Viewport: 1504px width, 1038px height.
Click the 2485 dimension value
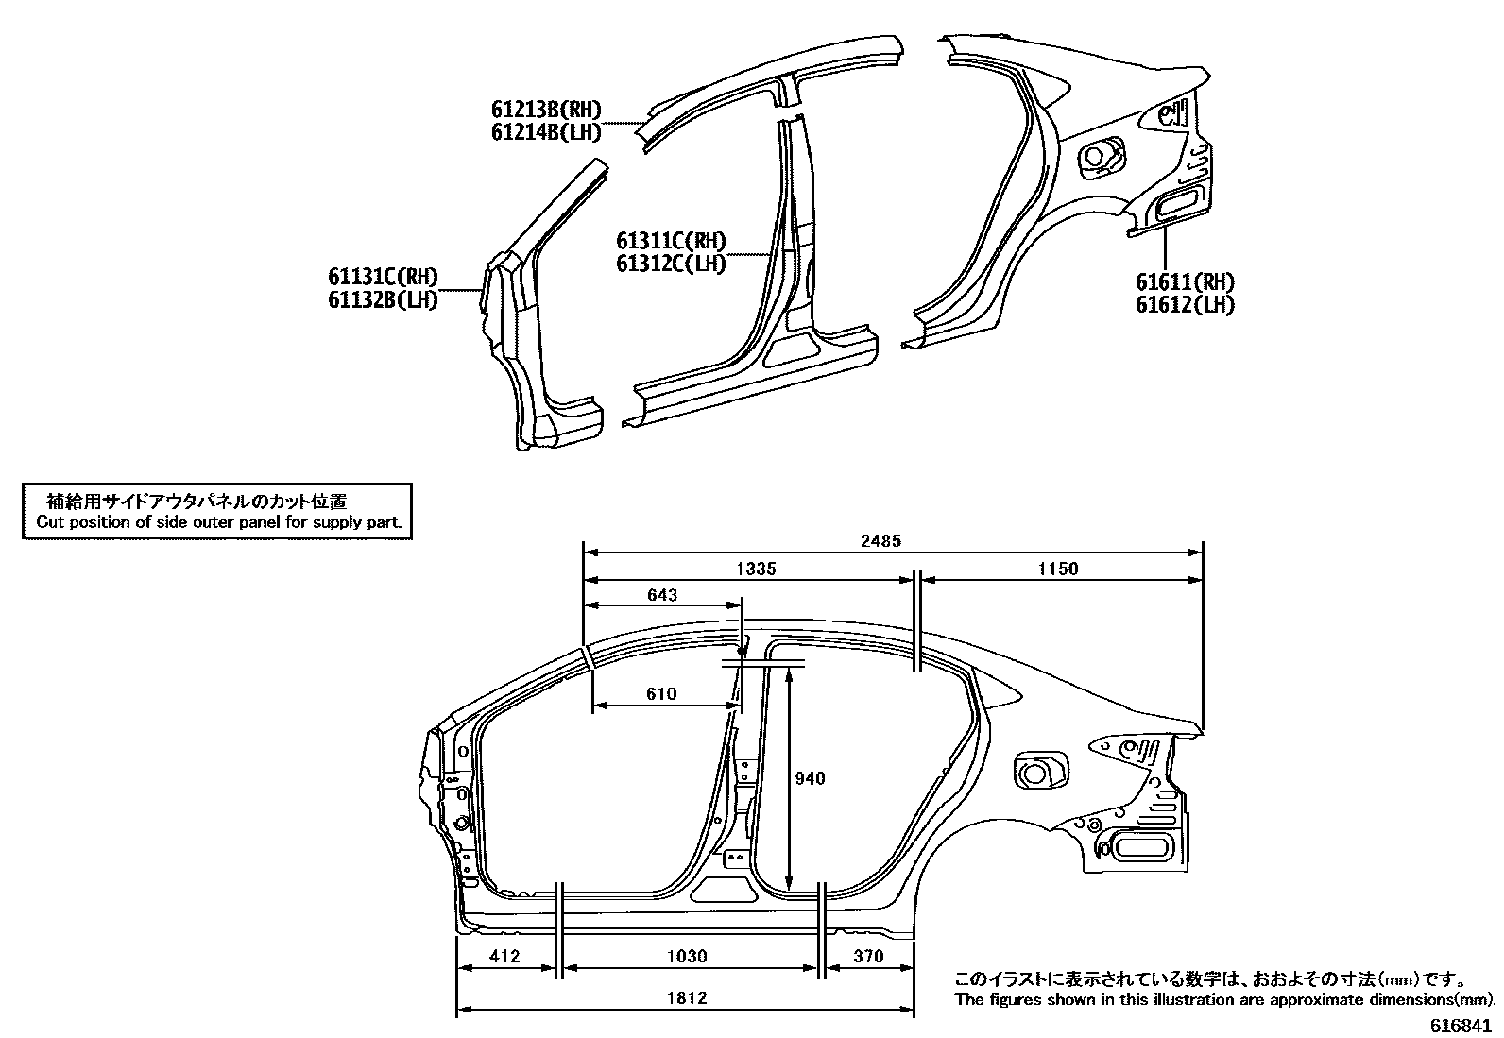[x=880, y=541]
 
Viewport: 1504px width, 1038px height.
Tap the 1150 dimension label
[x=1058, y=569]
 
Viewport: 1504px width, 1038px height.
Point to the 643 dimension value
[x=661, y=595]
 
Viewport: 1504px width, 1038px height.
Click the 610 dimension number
[x=661, y=694]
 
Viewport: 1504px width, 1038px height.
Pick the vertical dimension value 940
[x=810, y=778]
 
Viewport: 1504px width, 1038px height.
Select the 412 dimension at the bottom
[x=505, y=956]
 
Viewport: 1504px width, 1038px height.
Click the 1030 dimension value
[x=687, y=956]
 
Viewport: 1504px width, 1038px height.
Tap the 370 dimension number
[x=867, y=956]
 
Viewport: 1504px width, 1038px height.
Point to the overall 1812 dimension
[x=687, y=997]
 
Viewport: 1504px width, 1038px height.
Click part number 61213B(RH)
[x=546, y=111]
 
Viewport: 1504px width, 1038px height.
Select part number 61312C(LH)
[x=671, y=264]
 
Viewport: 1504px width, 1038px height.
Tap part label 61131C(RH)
[x=383, y=278]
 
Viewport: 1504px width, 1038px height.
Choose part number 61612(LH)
[x=1185, y=304]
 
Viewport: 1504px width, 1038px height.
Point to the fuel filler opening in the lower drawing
[x=1036, y=769]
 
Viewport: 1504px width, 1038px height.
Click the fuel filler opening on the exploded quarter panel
[x=1099, y=155]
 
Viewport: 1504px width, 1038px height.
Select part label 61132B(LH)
[x=383, y=300]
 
